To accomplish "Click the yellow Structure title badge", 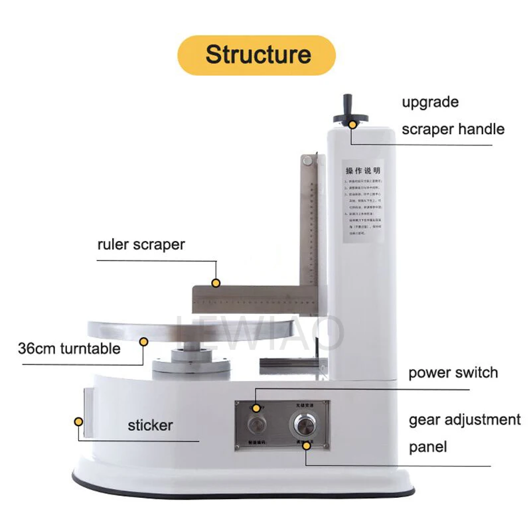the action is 258,54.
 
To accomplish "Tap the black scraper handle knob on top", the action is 350,109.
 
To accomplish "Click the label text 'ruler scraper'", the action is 141,244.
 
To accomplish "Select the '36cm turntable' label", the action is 70,348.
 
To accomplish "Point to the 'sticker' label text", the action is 150,425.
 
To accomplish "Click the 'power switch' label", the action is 453,372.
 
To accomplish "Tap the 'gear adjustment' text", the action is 465,419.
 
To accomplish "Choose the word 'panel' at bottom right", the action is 427,446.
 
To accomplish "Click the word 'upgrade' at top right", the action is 430,102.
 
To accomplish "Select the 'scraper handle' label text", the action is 453,129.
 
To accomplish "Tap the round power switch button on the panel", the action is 256,425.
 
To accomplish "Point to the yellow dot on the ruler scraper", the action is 216,283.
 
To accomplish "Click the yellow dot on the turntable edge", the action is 143,342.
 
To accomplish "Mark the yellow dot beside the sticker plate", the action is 78,421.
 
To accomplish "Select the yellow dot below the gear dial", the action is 307,445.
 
